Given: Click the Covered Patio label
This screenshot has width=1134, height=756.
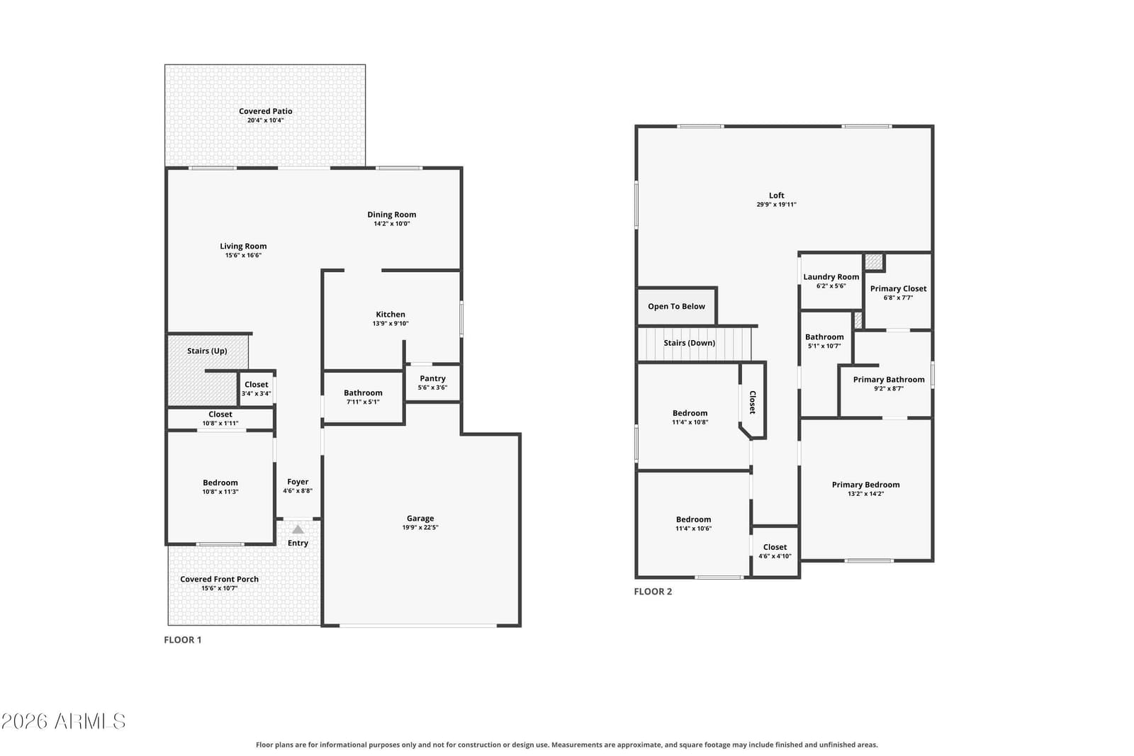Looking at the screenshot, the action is [265, 111].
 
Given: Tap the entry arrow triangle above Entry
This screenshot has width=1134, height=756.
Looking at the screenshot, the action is [298, 529].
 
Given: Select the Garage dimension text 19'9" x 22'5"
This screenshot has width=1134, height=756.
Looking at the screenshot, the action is [420, 527].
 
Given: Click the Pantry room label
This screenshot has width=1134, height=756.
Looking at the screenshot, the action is [432, 378].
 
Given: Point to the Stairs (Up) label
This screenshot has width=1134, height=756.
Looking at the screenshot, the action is [207, 351].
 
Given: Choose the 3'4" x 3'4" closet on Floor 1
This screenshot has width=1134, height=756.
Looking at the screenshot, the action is [256, 388].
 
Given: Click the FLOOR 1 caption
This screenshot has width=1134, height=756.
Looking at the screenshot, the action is [183, 640].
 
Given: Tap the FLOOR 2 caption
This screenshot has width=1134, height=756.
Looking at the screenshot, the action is [653, 591].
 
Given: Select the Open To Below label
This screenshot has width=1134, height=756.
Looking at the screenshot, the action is [676, 306].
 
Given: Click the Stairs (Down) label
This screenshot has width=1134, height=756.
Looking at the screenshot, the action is [690, 343].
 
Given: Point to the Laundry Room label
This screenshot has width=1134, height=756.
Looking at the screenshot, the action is [831, 277].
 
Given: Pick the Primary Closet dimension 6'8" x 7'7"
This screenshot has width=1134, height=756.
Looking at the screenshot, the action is [899, 298].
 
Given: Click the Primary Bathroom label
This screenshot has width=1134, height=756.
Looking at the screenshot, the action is [889, 380].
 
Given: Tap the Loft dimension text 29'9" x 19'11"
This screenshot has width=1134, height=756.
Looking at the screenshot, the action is [777, 205].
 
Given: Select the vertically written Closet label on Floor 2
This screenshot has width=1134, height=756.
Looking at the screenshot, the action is [753, 402].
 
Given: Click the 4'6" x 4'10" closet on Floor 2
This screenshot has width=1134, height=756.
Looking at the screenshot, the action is [775, 551].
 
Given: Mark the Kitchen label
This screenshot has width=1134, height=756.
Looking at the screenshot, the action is [391, 315].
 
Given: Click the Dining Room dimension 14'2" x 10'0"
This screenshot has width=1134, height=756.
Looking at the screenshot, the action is [392, 224].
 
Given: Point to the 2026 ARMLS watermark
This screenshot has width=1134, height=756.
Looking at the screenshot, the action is [63, 721].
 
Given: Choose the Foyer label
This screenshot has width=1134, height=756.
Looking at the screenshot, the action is [298, 482].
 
